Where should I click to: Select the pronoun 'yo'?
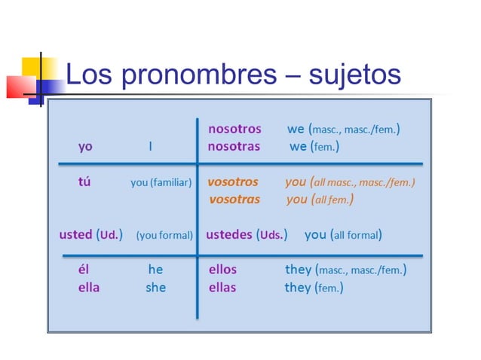(x=85, y=146)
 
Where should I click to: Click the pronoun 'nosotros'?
(x=234, y=129)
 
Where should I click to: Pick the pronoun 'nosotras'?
(x=234, y=146)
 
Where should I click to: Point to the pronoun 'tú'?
(x=84, y=182)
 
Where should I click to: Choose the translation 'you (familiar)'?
(x=161, y=182)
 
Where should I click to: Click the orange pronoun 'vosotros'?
(x=233, y=182)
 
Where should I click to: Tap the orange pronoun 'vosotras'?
(x=234, y=200)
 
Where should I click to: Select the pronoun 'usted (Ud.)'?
(x=90, y=234)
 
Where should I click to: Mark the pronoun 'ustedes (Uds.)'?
(x=247, y=234)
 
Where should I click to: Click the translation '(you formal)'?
(x=164, y=235)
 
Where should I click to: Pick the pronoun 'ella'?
(x=88, y=287)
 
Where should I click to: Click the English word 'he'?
(x=155, y=269)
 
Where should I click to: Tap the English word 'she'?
(x=155, y=287)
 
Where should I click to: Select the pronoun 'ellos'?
(x=222, y=269)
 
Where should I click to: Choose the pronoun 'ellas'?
(x=222, y=287)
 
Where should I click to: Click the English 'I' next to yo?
(x=150, y=146)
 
